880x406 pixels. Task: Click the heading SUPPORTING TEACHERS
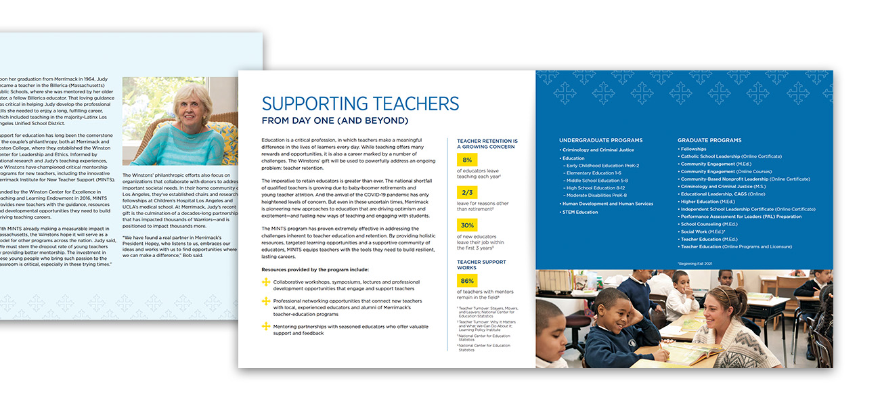[x=360, y=104]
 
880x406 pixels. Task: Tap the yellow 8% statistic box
[x=467, y=160]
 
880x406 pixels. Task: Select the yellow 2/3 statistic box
[x=467, y=192]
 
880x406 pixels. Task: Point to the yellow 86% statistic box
[x=467, y=280]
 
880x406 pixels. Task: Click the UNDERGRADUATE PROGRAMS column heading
[x=601, y=140]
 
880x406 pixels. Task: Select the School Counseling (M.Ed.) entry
[x=709, y=224]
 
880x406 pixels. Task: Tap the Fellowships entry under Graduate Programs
[x=693, y=149]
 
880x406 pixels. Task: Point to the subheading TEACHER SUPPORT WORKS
[x=481, y=265]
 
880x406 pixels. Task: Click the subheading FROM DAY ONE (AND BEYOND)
[x=335, y=121]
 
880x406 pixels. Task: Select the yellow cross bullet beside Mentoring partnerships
[x=266, y=326]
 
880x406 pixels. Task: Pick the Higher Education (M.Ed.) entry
[x=707, y=201]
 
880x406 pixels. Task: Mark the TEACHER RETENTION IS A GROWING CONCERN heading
[x=485, y=143]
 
